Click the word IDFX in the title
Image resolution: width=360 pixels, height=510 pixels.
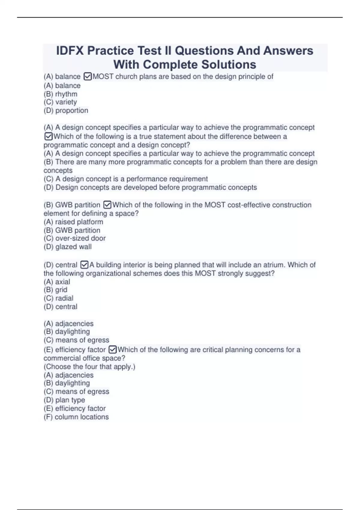click(70, 51)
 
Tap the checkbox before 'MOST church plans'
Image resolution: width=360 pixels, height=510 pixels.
click(88, 77)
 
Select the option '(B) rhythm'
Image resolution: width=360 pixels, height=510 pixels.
click(60, 94)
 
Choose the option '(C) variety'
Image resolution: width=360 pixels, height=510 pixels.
click(60, 102)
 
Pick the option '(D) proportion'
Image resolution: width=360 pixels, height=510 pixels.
click(66, 110)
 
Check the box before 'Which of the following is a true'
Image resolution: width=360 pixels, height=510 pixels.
click(48, 136)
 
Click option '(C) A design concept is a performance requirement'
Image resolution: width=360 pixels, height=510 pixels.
click(125, 179)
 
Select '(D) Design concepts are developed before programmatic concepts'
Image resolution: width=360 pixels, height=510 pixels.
click(150, 187)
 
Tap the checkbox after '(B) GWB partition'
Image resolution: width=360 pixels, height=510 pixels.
click(107, 205)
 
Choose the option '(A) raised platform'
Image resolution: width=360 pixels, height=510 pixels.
click(73, 222)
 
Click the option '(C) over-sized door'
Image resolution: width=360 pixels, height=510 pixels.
click(74, 238)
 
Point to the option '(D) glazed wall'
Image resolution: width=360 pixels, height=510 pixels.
click(67, 247)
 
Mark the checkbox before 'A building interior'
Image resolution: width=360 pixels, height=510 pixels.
click(84, 265)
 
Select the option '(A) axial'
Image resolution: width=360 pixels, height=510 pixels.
click(57, 282)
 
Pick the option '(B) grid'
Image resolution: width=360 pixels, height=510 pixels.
click(55, 290)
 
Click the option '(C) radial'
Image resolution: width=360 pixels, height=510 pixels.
click(58, 298)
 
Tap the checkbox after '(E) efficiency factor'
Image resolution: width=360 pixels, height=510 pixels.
click(112, 350)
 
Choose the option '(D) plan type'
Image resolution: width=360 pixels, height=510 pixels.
click(64, 400)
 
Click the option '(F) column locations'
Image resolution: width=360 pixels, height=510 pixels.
click(76, 417)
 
